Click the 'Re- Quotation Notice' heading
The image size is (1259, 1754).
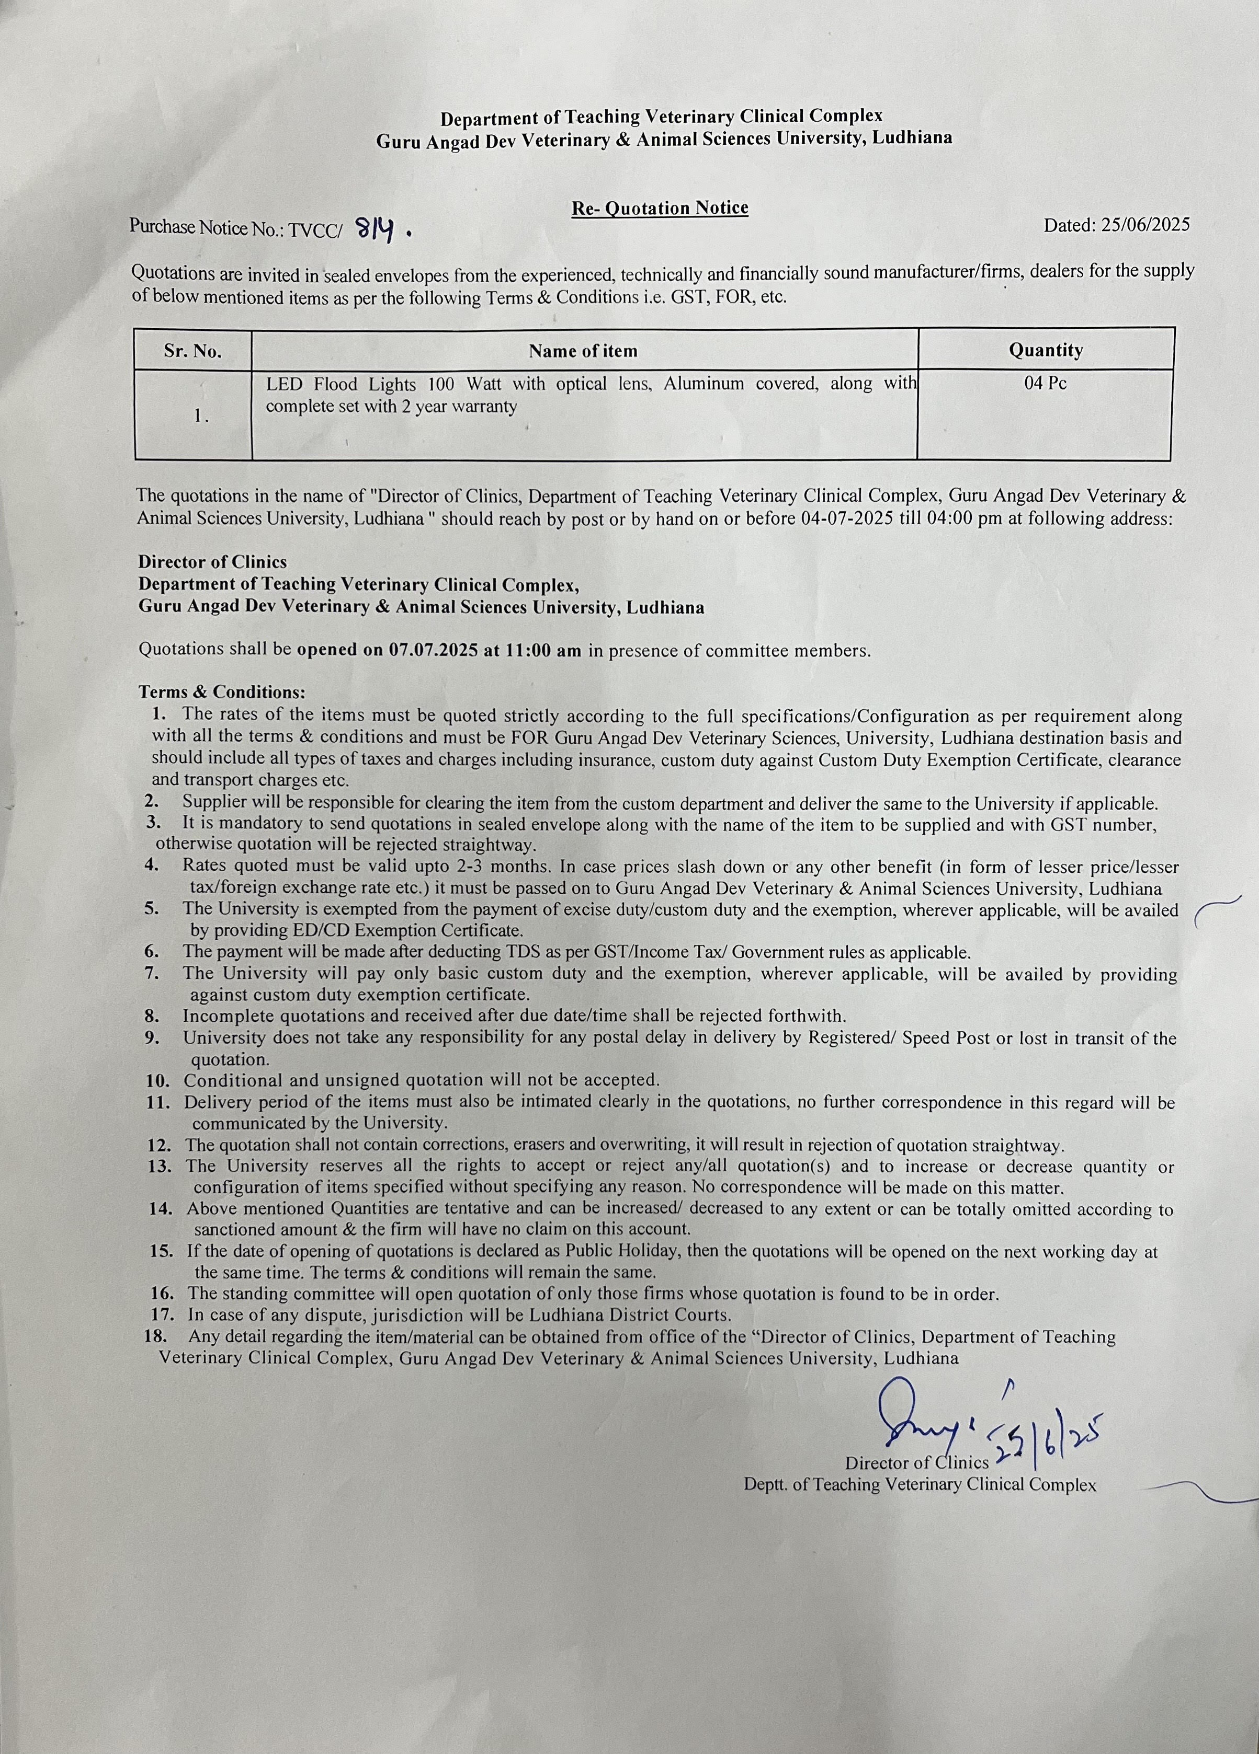pos(659,208)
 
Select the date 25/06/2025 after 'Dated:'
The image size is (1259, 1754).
pos(1146,225)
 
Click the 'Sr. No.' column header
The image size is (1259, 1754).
pos(192,351)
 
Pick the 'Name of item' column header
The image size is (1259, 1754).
pos(583,351)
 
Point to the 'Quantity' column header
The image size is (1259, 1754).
pos(1046,350)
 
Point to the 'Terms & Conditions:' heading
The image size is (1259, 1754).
pos(222,691)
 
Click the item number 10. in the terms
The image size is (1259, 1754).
pos(158,1080)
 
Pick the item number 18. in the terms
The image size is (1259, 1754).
pos(157,1336)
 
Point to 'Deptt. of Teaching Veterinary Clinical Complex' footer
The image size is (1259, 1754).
pos(920,1484)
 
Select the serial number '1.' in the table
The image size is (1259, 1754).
pos(201,416)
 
